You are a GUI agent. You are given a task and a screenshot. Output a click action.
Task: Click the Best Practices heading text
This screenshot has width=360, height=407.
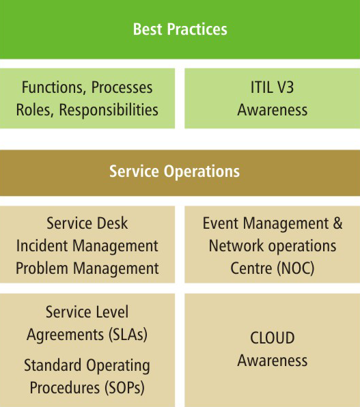180,29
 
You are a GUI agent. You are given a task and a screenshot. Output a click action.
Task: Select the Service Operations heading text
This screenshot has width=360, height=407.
174,171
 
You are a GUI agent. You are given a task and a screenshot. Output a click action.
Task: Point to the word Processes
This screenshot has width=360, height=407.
122,88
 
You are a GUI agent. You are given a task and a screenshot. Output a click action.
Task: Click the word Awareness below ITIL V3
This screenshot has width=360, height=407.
273,110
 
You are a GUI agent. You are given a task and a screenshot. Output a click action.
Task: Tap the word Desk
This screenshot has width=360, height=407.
113,223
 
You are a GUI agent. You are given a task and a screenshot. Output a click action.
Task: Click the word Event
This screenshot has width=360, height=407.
221,223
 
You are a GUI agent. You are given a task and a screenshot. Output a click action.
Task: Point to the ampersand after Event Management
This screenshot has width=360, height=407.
337,223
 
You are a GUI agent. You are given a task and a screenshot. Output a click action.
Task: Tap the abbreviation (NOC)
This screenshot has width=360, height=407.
296,268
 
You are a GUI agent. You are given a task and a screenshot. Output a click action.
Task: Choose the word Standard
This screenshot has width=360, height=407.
53,366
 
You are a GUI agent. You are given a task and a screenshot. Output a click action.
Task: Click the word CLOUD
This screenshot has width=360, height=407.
273,338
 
